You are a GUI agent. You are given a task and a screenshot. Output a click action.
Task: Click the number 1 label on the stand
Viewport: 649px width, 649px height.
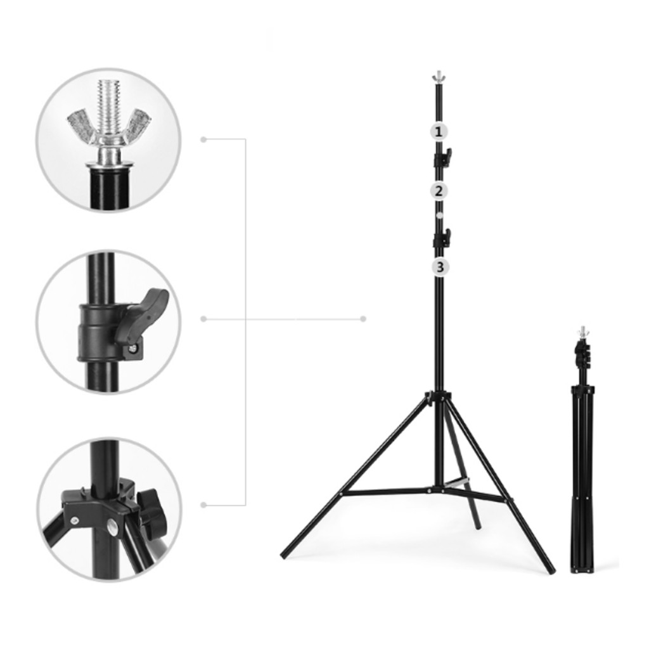439,132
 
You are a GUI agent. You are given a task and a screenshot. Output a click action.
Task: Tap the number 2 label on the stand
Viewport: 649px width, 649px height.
439,191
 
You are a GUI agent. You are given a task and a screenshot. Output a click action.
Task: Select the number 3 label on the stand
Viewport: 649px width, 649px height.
440,267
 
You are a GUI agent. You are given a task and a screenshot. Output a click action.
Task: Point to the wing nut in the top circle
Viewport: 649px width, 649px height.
110,127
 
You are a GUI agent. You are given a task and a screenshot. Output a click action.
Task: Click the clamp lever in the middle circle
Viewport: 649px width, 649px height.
145,314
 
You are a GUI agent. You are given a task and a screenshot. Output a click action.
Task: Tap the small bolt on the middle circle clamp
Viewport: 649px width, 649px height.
132,349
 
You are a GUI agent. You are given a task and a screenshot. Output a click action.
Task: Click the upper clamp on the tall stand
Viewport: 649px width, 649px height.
442,157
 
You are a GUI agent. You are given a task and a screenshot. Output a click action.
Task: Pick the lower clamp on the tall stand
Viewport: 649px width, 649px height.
442,238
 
